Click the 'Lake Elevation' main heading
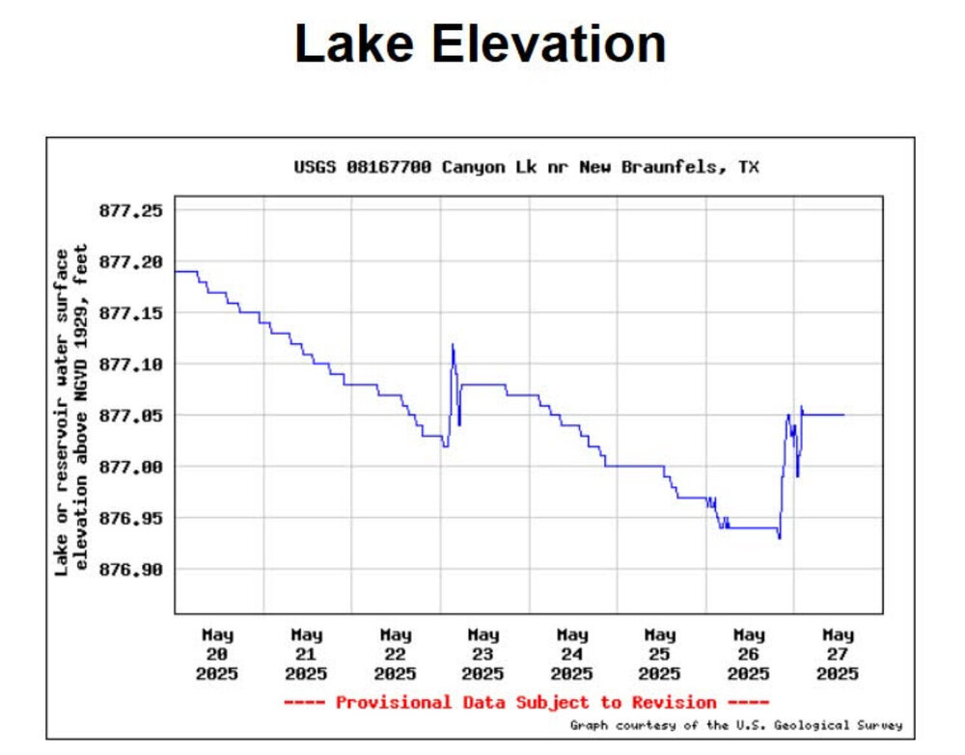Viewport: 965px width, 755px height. point(480,44)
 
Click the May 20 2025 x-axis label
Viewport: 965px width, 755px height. point(218,654)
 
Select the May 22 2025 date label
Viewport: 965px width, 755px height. point(395,654)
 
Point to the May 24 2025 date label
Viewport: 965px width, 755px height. point(572,654)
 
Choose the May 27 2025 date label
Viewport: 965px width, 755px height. point(838,654)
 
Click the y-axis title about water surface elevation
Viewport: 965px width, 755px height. point(72,410)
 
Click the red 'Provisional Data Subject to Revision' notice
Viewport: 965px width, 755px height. point(526,702)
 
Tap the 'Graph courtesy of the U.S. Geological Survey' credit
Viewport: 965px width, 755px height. point(735,725)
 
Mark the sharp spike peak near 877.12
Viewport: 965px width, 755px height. point(452,345)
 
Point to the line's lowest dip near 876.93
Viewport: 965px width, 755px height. point(779,537)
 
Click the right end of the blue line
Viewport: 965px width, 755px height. point(844,415)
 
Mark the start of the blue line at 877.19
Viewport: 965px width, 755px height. point(176,271)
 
